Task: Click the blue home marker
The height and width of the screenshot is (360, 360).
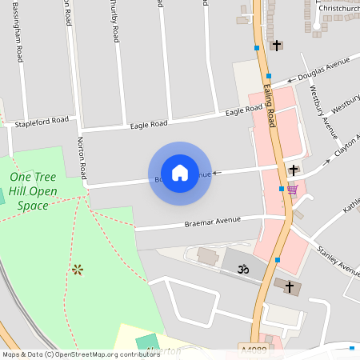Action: pos(180,172)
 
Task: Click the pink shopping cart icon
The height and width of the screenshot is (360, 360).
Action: pos(292,190)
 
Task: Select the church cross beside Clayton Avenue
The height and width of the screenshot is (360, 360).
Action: pos(294,170)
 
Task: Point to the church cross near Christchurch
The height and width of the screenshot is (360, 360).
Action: pos(277,45)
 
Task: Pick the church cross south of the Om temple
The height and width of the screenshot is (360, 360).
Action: pos(289,286)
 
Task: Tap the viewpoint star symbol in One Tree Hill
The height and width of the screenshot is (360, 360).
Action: pos(78,270)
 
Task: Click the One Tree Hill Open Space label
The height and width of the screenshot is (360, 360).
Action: pos(33,190)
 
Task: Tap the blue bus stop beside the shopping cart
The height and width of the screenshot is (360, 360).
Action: pos(282,189)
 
